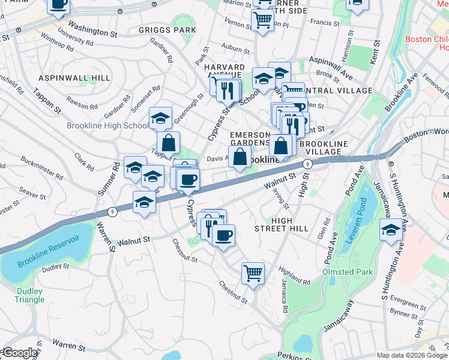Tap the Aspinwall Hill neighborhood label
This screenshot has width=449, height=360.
(74, 78)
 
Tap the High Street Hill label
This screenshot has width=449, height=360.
(281, 224)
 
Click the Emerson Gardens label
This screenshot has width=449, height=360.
(251, 139)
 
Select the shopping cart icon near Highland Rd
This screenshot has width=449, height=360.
(253, 273)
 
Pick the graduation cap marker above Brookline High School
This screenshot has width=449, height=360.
(160, 118)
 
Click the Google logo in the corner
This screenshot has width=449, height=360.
(19, 353)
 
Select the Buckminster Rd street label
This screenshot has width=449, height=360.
(42, 169)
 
